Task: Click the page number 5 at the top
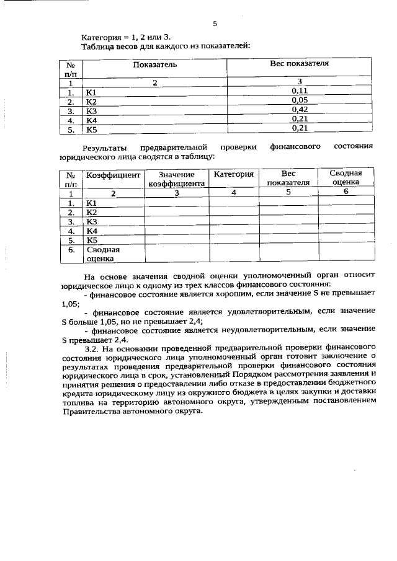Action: pos(214,24)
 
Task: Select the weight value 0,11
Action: pos(300,91)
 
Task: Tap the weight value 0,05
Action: pos(300,100)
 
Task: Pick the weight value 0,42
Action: pos(300,110)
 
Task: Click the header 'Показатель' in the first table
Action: pos(154,64)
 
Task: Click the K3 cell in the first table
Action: pos(92,111)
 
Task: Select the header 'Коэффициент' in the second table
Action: pos(114,175)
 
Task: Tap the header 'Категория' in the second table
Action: pos(234,175)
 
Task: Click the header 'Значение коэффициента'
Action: pos(177,180)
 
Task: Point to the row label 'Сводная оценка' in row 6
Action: pos(103,255)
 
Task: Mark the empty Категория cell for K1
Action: pos(234,203)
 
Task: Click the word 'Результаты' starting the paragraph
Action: pos(107,148)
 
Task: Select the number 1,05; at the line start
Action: pos(71,304)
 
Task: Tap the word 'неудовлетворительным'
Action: pos(269,331)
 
